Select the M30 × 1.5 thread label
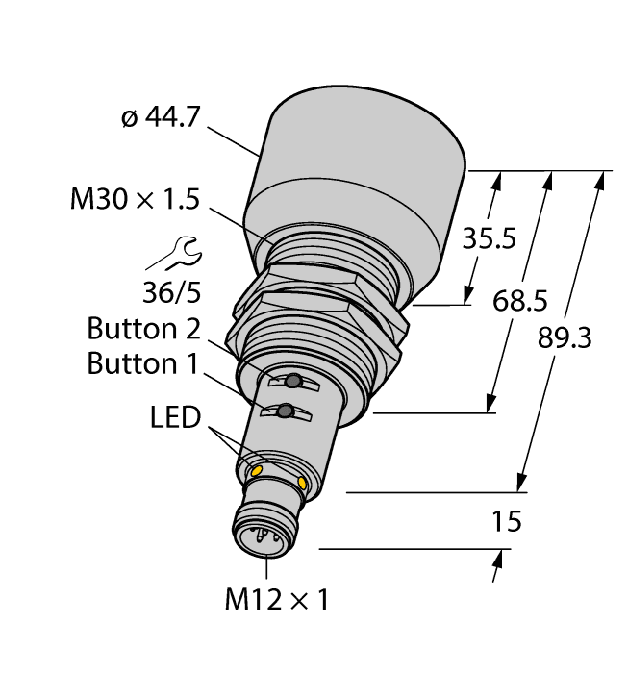coord(136,199)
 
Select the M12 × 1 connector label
coord(276,601)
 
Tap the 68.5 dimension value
coord(520,301)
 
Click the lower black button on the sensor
coord(284,413)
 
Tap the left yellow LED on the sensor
coord(256,470)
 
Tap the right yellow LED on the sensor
coord(304,483)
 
